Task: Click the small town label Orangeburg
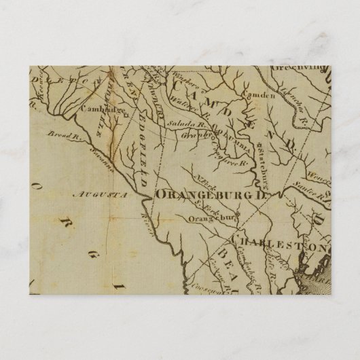click(x=214, y=218)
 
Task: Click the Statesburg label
click(x=259, y=163)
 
